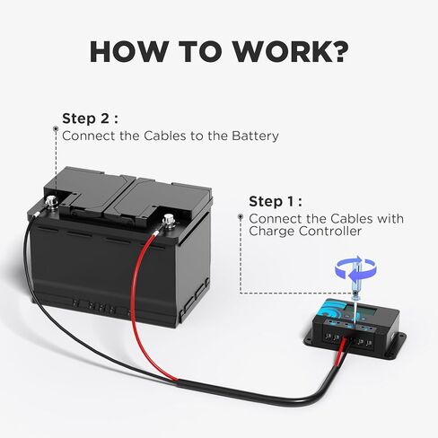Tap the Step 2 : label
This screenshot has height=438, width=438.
click(90, 118)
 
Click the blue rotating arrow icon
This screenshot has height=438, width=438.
click(355, 267)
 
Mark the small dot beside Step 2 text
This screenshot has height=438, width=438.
click(54, 136)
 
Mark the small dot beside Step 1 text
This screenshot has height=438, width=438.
click(241, 217)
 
